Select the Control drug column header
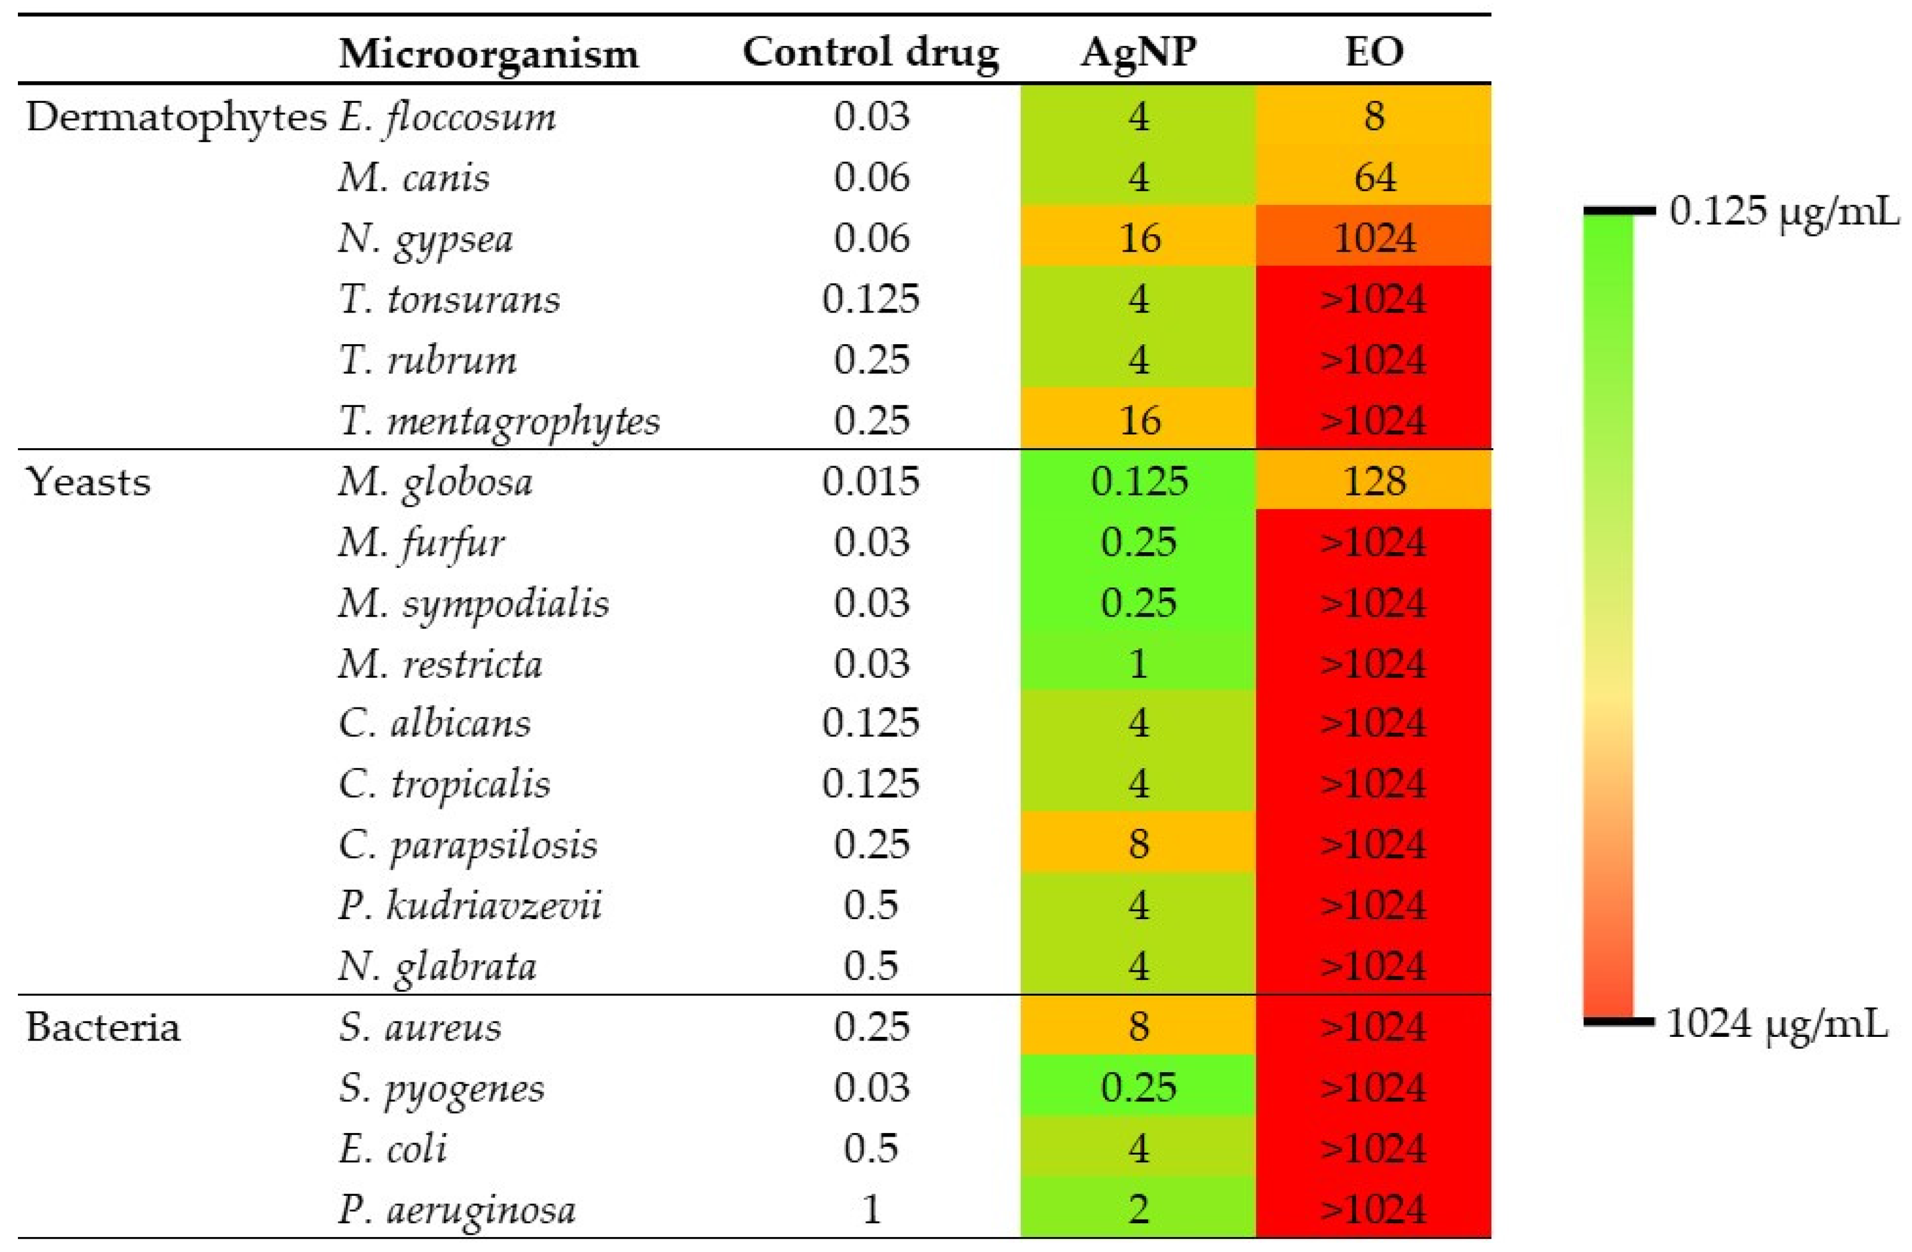pos(870,53)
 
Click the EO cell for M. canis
pos(1374,177)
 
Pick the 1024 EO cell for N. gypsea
pos(1374,238)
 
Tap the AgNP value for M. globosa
pos(1138,481)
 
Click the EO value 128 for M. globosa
pos(1374,481)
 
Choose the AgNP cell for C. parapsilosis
pos(1138,844)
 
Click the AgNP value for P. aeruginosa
pos(1138,1208)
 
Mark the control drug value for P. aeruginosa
pos(871,1208)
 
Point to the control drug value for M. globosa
pos(871,481)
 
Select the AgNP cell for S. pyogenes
pos(1138,1087)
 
